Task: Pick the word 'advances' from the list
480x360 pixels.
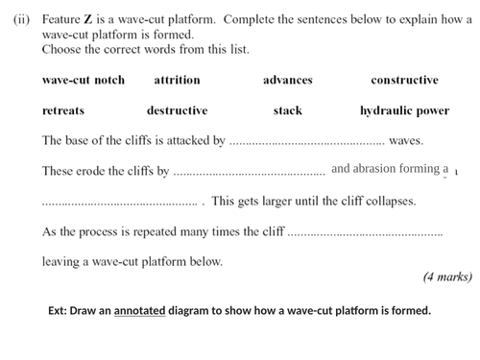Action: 287,81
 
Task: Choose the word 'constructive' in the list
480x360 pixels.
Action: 404,81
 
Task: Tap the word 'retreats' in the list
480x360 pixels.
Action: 63,111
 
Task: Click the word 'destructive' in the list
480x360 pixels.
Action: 177,111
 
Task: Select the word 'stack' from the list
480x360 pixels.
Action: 287,111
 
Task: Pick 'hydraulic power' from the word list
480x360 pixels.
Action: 404,111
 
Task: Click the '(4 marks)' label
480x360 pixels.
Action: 446,277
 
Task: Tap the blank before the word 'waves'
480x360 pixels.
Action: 306,142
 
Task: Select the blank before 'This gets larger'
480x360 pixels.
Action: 120,204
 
